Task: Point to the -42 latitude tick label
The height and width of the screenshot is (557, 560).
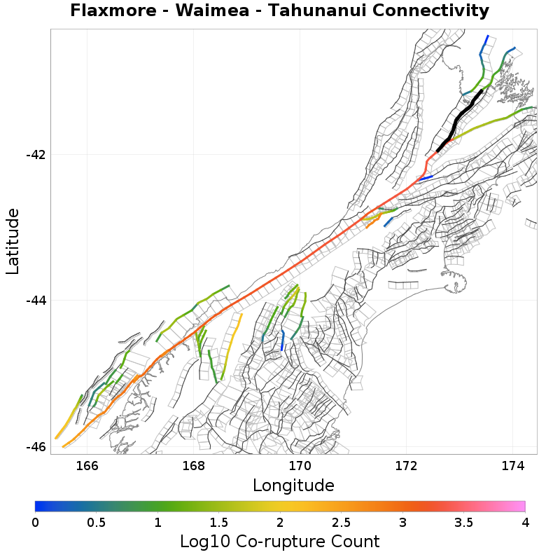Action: pyautogui.click(x=36, y=154)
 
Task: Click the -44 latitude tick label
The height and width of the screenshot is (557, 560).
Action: pyautogui.click(x=36, y=301)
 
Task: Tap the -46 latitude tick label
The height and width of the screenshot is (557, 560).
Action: pyautogui.click(x=36, y=447)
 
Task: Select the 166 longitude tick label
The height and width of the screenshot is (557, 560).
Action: pyautogui.click(x=87, y=465)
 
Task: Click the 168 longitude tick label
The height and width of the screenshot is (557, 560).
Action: pyautogui.click(x=193, y=465)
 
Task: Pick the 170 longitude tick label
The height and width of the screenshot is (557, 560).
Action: pyautogui.click(x=300, y=465)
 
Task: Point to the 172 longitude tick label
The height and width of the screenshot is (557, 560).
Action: pyautogui.click(x=406, y=465)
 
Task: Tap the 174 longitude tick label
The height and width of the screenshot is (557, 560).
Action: pyautogui.click(x=513, y=465)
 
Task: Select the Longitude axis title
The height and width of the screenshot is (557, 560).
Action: pyautogui.click(x=293, y=485)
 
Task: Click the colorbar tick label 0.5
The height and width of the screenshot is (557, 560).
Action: pyautogui.click(x=96, y=523)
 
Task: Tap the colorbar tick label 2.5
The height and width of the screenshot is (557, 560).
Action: pyautogui.click(x=341, y=523)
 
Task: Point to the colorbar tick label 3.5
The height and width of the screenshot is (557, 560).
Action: pyautogui.click(x=463, y=523)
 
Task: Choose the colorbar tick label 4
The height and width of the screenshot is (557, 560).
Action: pyautogui.click(x=524, y=523)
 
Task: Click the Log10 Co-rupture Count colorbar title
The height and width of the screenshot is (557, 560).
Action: pyautogui.click(x=279, y=542)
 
